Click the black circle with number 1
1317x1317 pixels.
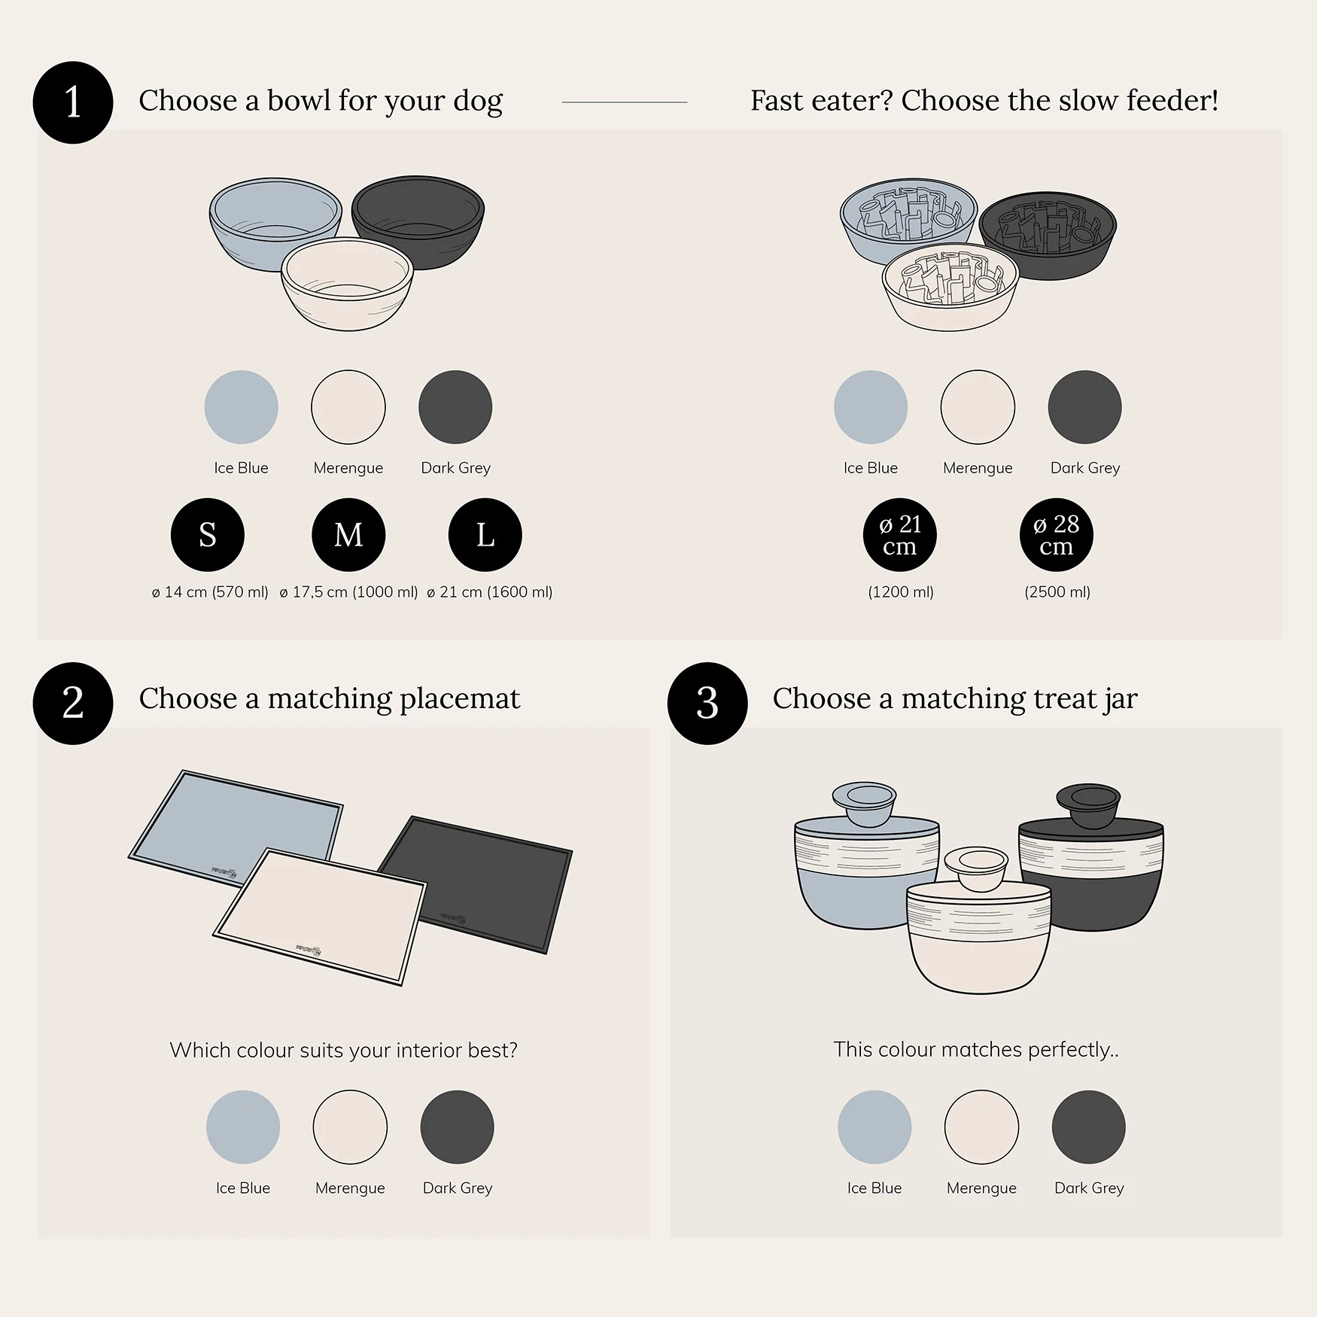tap(73, 102)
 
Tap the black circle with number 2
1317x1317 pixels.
tap(73, 703)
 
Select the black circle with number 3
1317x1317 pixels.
tap(707, 703)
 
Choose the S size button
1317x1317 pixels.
tap(208, 535)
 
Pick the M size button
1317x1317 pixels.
tap(348, 535)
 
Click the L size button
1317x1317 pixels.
tap(485, 535)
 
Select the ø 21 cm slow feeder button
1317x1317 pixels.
tap(900, 535)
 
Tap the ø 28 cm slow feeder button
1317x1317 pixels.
tap(1057, 535)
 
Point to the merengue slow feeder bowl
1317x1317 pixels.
tap(950, 287)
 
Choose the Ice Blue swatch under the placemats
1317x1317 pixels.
tap(243, 1127)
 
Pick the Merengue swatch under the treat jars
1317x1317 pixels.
tap(981, 1127)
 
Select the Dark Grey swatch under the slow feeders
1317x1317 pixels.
tap(1085, 407)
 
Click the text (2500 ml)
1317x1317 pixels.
tap(1057, 592)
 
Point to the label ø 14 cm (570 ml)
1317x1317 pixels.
tap(210, 592)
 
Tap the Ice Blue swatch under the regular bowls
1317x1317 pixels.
tap(242, 407)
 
